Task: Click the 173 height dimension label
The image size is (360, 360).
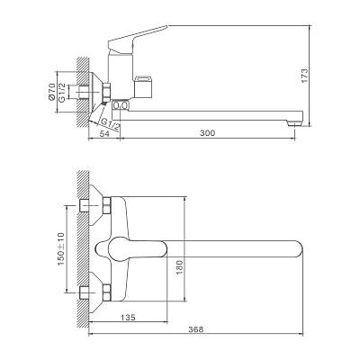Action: [304, 76]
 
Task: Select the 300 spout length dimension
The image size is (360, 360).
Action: [208, 132]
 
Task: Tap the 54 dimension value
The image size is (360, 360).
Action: [104, 134]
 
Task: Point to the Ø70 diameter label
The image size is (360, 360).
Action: [51, 92]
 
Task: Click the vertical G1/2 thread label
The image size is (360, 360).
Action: [62, 93]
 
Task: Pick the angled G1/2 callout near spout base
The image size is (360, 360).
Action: [110, 123]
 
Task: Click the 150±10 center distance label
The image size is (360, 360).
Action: [61, 248]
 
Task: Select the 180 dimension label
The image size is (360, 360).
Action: [179, 267]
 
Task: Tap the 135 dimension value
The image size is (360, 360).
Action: [128, 317]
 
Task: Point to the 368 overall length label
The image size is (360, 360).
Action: [196, 329]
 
